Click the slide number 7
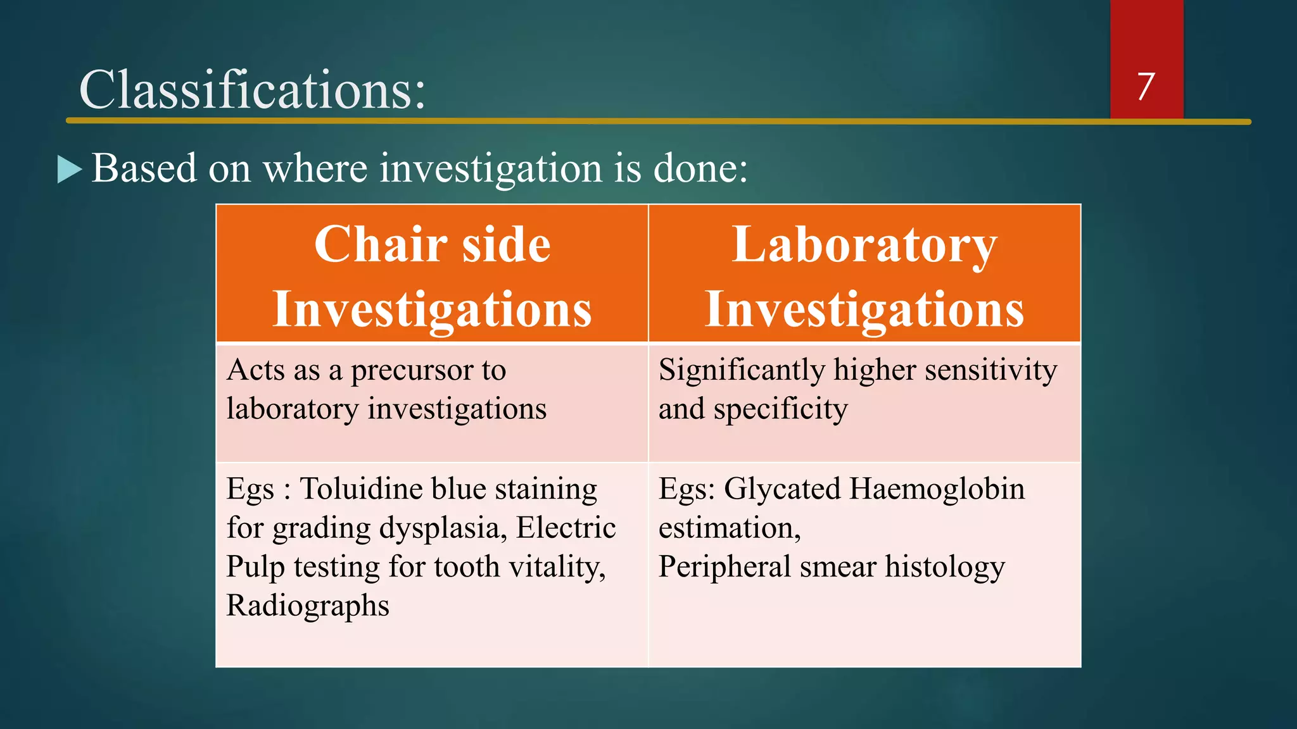(x=1146, y=86)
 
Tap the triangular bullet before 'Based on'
(x=70, y=169)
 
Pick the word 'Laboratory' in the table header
(x=864, y=247)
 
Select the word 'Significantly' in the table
(x=740, y=371)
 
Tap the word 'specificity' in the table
(x=780, y=410)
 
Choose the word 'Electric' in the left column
(x=566, y=528)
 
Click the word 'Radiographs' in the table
(x=308, y=607)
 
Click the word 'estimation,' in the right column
(x=730, y=529)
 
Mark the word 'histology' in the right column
(x=945, y=568)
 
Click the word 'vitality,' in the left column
(x=557, y=568)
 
